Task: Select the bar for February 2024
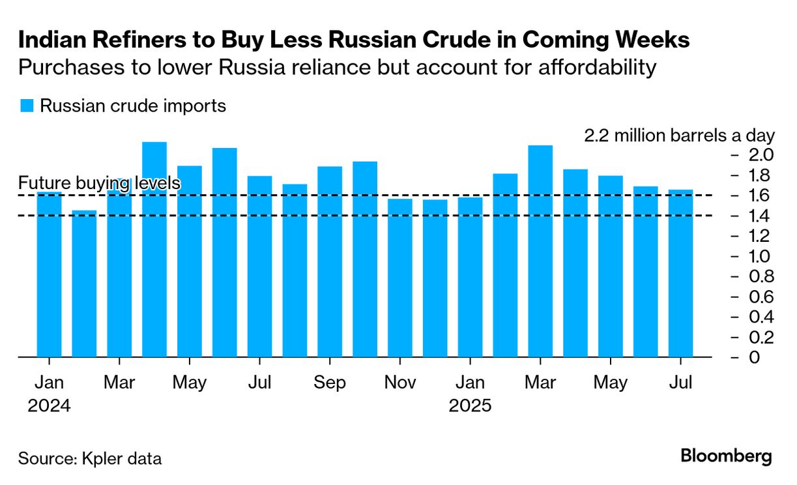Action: (84, 284)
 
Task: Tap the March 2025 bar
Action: (540, 251)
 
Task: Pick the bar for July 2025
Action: (680, 274)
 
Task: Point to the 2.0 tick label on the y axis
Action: (760, 155)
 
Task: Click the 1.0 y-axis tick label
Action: (760, 256)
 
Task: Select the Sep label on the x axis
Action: (330, 383)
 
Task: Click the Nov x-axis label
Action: (400, 383)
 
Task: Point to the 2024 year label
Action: (49, 405)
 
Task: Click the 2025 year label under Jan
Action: (470, 405)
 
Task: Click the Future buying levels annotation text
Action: (99, 184)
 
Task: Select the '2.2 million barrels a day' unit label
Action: (679, 136)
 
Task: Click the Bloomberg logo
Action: (726, 456)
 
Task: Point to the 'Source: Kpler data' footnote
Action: (89, 458)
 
